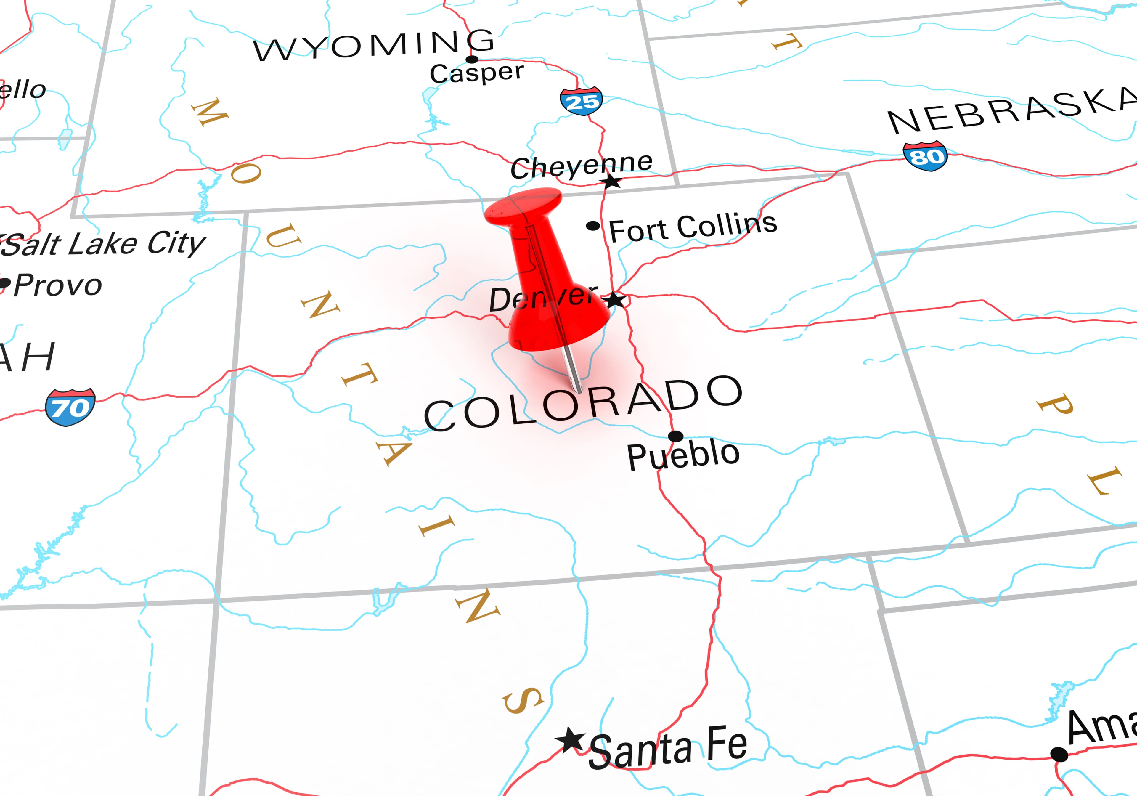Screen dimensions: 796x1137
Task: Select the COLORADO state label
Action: tap(583, 404)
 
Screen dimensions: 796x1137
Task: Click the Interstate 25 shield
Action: tap(581, 102)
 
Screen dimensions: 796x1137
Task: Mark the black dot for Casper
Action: tap(472, 60)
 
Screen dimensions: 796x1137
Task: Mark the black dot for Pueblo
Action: tap(675, 436)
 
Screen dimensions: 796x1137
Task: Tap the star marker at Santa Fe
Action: tap(571, 740)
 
